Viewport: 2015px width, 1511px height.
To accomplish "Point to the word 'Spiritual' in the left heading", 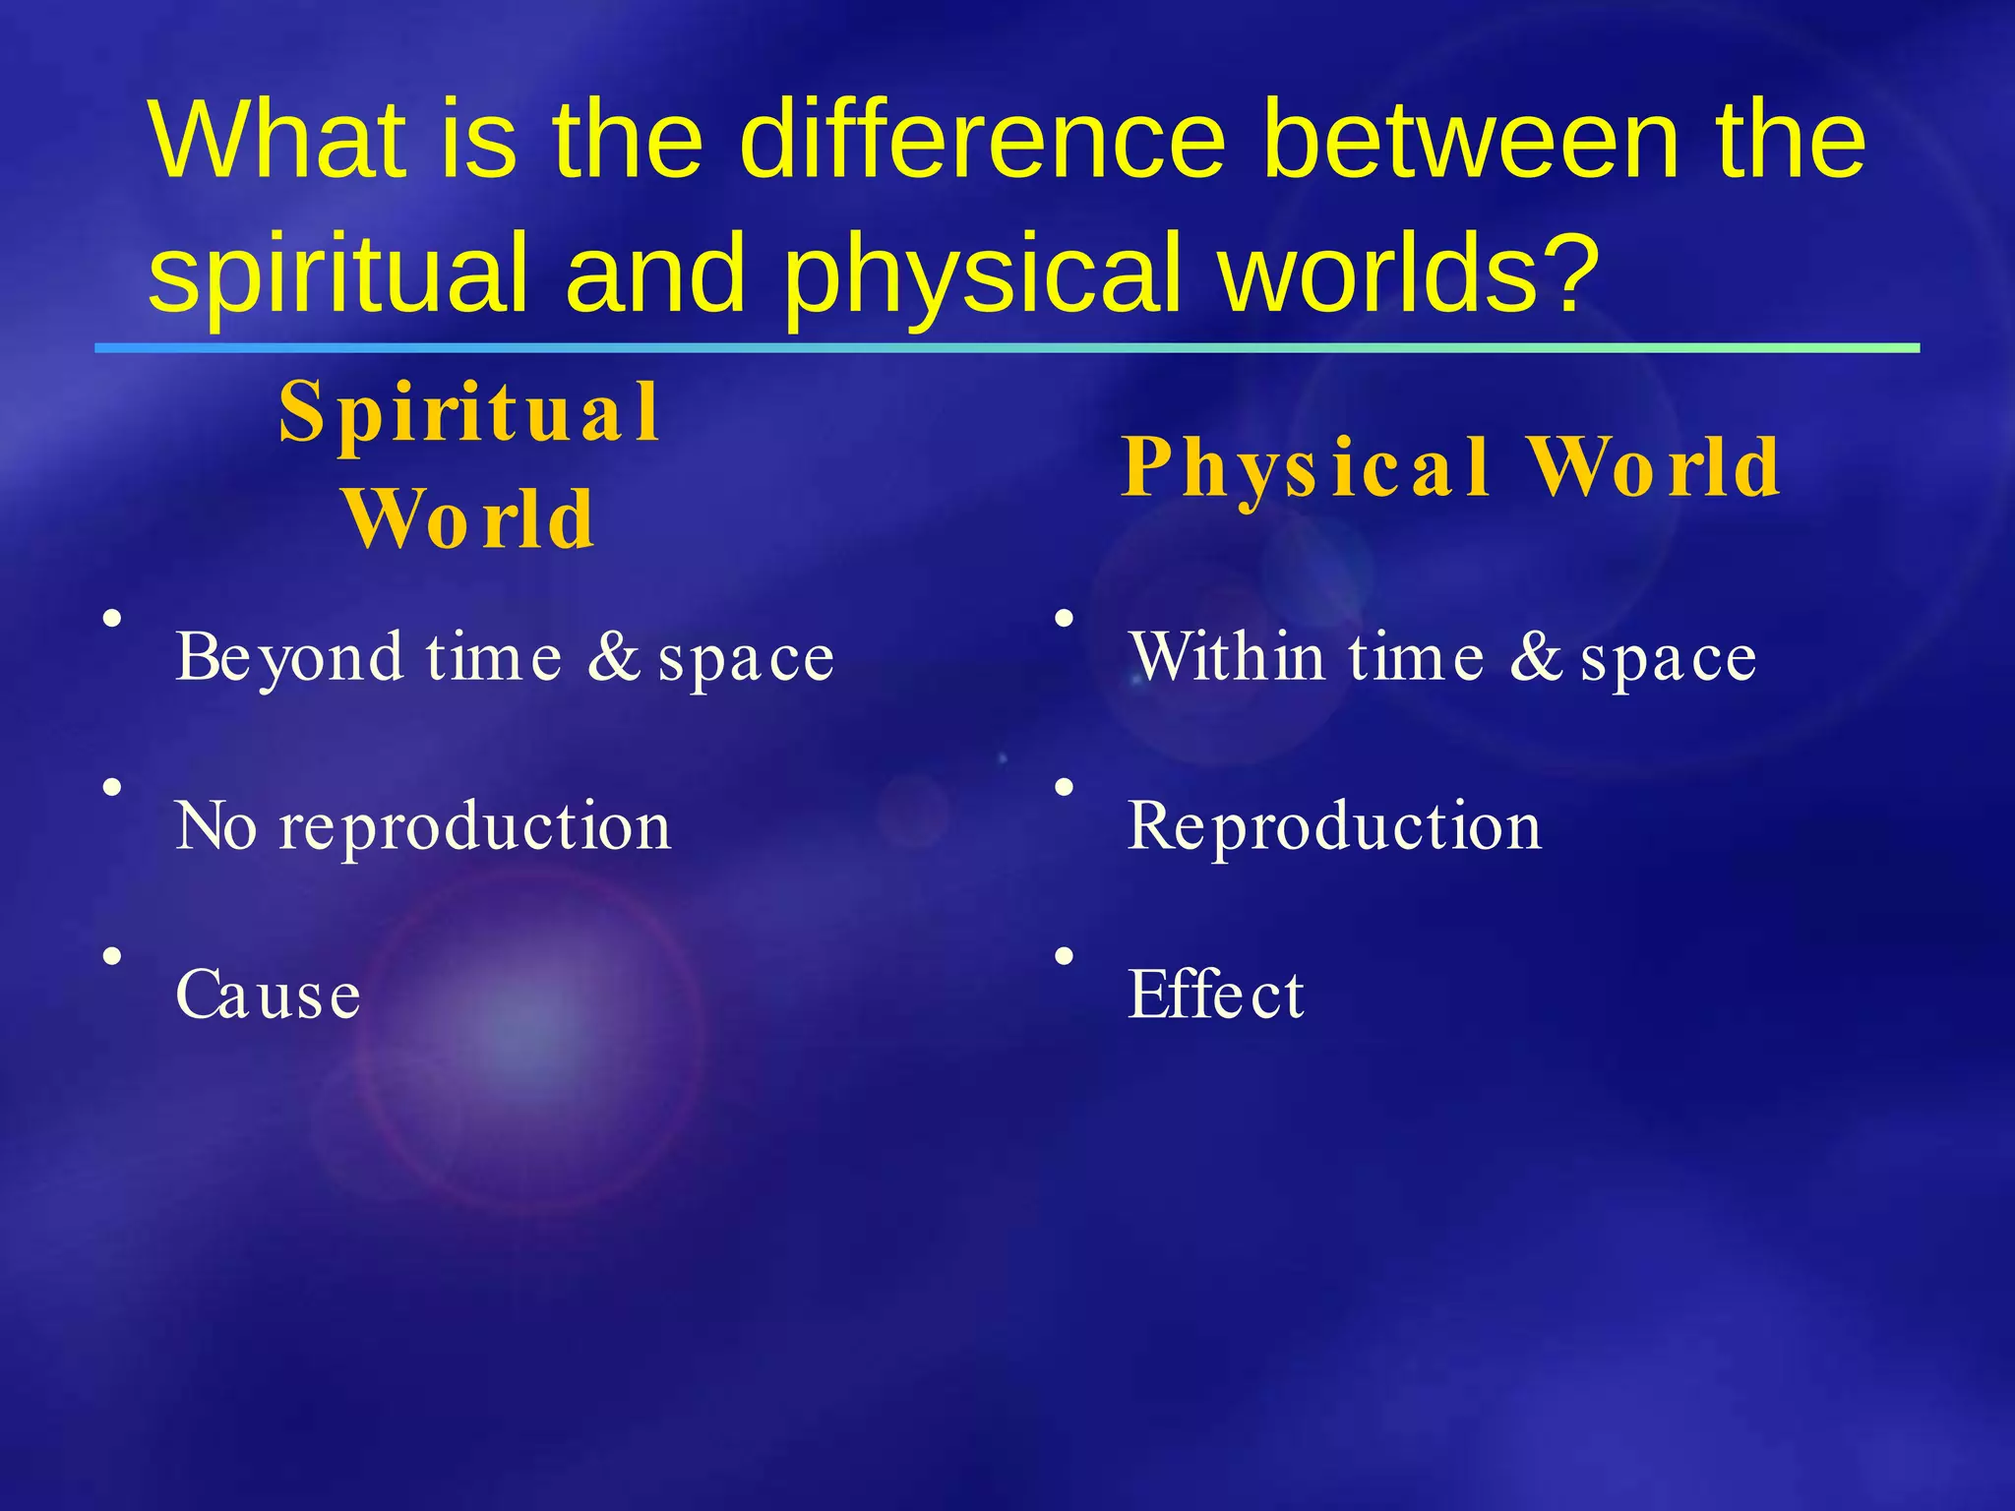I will point(470,413).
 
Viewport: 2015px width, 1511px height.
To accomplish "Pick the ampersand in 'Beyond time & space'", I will point(615,657).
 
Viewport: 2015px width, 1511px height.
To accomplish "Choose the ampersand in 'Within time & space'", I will point(1537,657).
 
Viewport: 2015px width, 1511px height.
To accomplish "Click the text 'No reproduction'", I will point(423,826).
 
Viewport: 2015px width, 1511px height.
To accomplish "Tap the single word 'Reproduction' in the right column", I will point(1334,826).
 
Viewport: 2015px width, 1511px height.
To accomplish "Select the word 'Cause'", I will point(268,995).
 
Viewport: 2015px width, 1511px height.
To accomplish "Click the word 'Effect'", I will point(1215,995).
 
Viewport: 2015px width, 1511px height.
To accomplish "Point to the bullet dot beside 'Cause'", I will point(113,955).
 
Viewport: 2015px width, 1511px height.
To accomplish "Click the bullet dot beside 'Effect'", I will point(1064,955).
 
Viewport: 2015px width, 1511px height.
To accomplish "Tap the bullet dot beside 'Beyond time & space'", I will point(113,619).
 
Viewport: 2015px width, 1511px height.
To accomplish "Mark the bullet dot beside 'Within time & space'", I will point(1064,619).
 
